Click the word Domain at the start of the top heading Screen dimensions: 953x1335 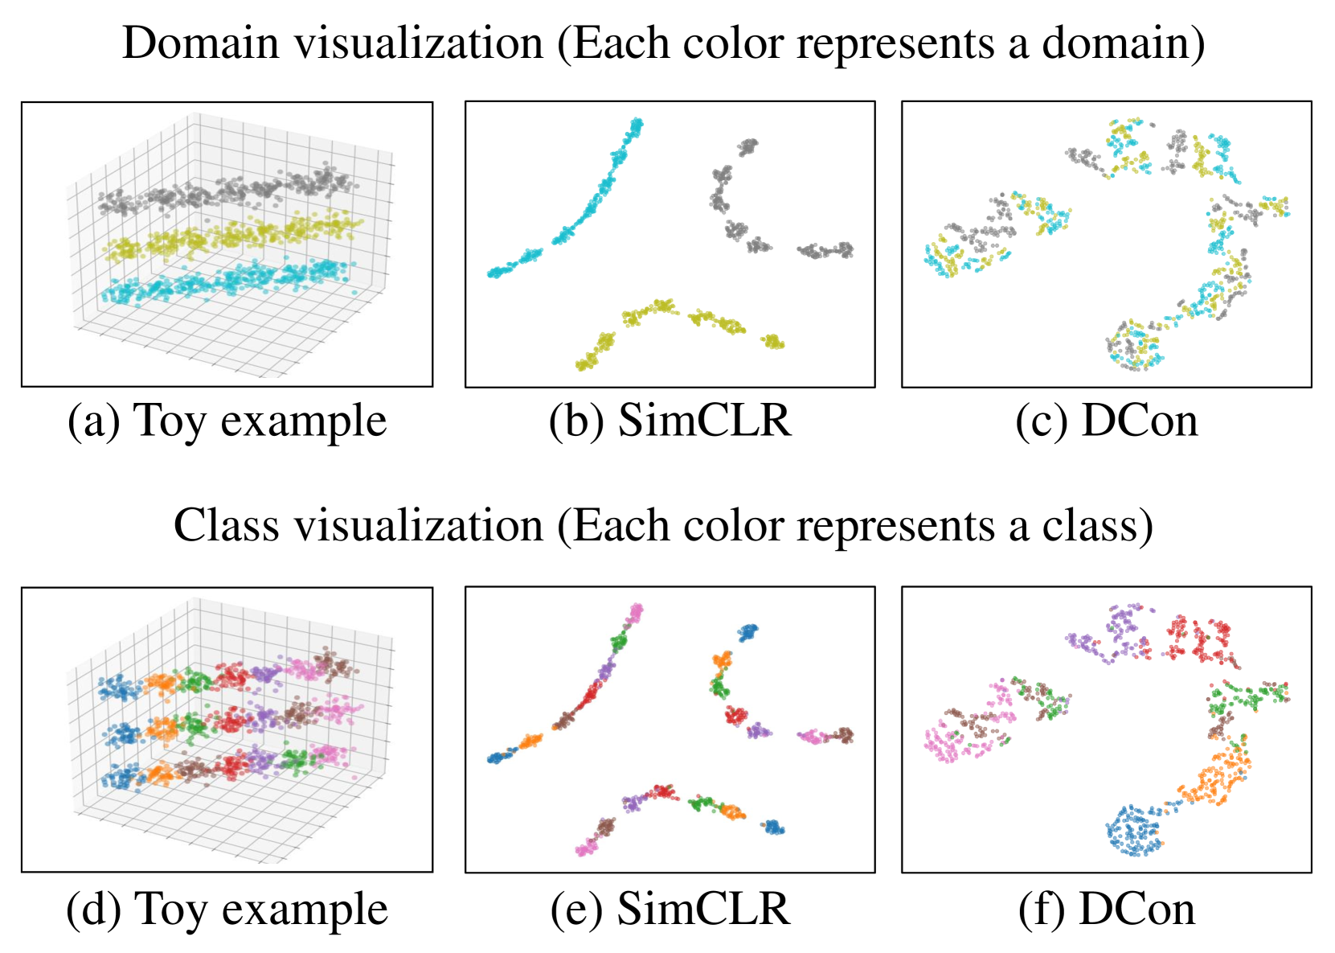200,43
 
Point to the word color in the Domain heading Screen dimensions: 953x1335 733,43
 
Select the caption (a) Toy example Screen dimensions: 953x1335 227,421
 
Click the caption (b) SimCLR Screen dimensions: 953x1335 670,421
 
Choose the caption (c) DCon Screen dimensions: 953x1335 1106,421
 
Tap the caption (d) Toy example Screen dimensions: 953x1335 227,910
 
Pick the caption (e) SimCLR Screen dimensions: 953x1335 670,910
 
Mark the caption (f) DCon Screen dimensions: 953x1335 1106,910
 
